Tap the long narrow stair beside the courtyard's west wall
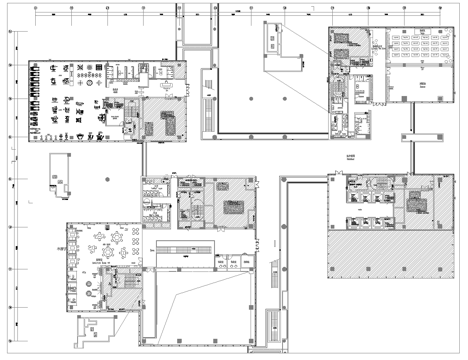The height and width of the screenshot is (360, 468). click(x=207, y=99)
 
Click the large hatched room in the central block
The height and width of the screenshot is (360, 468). click(x=229, y=205)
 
